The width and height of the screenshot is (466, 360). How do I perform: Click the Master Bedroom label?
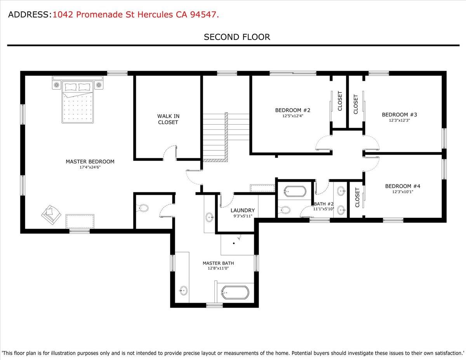point(90,162)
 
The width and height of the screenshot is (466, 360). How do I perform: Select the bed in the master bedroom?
point(78,102)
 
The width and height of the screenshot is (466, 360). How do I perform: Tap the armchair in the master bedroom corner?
point(50,215)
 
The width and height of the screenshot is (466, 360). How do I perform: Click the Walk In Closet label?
point(168,119)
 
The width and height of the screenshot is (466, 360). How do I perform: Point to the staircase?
point(215,137)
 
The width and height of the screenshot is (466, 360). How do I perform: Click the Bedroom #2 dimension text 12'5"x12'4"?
point(292,116)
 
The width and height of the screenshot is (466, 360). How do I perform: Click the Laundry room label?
point(242,210)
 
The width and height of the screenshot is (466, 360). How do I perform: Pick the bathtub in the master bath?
point(235,292)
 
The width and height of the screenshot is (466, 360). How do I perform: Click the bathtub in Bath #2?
point(295,191)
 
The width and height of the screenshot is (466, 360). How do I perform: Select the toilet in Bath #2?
point(285,210)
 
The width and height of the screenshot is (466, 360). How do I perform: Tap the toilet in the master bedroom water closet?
point(143,208)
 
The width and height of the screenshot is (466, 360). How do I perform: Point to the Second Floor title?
point(237,37)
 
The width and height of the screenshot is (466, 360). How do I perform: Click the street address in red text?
point(136,15)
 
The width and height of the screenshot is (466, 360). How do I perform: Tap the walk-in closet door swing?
point(169,152)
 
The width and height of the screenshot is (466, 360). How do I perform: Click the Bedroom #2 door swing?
point(323,144)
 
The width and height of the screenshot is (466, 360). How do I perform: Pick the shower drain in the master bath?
point(234,243)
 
